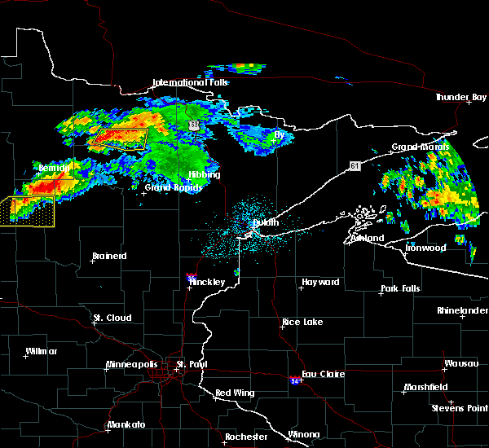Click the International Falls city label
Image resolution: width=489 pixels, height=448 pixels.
tap(192, 82)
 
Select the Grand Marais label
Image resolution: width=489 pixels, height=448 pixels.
tap(420, 147)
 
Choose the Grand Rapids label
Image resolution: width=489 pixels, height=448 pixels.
tap(169, 187)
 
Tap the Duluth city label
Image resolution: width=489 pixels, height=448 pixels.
tap(265, 222)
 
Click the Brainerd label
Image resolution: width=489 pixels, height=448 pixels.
tap(109, 256)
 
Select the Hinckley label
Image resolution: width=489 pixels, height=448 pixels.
tap(207, 283)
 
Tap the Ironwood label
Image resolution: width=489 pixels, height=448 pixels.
tap(427, 247)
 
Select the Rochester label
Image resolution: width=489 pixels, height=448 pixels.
tap(246, 437)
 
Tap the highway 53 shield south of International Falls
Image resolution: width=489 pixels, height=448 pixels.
tap(193, 125)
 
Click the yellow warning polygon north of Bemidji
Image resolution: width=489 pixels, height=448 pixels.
tap(119, 138)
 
